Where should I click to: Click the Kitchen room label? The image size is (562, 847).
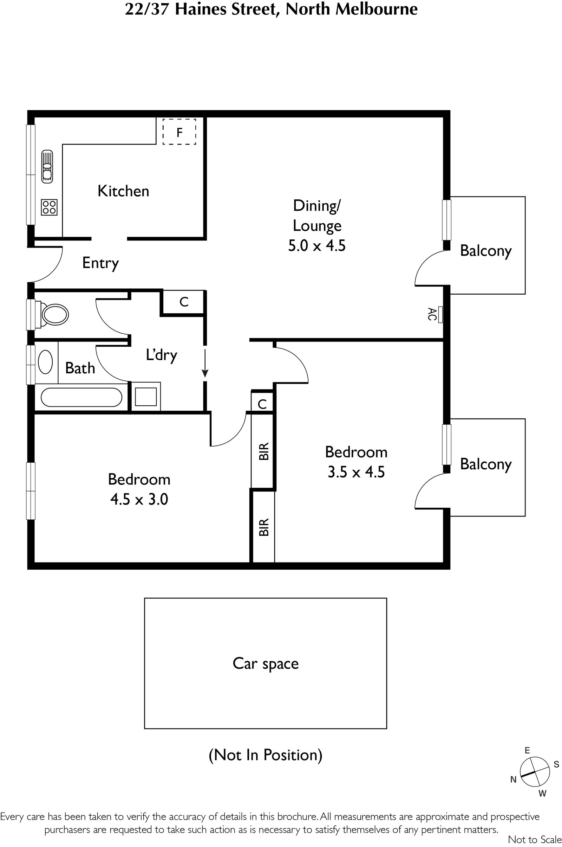[123, 191]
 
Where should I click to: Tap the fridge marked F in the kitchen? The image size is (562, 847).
[179, 132]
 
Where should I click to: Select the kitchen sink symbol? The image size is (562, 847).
[47, 166]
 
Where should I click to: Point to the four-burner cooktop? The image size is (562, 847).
[49, 207]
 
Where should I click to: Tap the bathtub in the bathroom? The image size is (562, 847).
[81, 398]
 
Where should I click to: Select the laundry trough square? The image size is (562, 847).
[145, 396]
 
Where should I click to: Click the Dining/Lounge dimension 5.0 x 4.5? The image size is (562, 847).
[317, 246]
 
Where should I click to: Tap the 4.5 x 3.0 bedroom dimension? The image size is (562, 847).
[139, 499]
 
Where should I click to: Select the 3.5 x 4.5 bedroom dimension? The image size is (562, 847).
[356, 472]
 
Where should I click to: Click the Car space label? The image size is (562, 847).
[266, 664]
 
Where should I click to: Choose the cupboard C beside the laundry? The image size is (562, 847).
[184, 302]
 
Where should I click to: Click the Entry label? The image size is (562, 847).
[100, 263]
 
